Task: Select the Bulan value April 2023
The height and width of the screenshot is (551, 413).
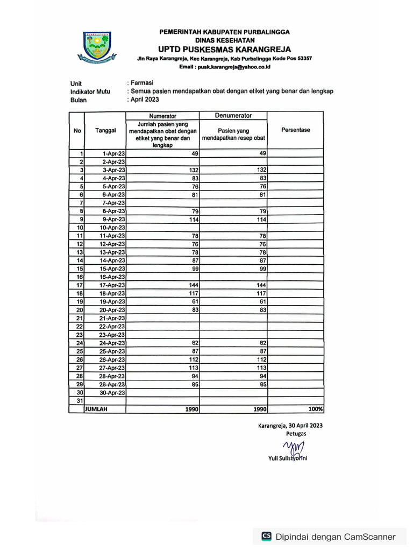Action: tap(144, 100)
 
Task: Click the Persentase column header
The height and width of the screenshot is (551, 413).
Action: tap(295, 130)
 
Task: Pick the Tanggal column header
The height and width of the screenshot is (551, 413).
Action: tap(105, 130)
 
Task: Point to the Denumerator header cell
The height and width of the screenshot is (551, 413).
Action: tap(233, 116)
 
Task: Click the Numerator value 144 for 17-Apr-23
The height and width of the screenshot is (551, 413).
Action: tap(192, 285)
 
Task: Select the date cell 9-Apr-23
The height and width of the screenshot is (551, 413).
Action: tap(114, 219)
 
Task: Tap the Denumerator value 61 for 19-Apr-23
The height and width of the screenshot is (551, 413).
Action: tap(263, 301)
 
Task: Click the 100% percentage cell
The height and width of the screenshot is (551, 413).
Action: tap(316, 409)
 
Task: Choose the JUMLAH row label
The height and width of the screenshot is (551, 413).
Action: tap(96, 409)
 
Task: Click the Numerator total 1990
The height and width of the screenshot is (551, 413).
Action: tap(191, 409)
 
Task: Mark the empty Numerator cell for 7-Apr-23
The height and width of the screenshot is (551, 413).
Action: tap(162, 202)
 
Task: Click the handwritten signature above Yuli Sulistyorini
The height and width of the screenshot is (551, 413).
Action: tap(294, 447)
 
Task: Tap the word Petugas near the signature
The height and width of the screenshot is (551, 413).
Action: tap(296, 433)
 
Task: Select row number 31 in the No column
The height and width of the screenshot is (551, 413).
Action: tap(79, 400)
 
